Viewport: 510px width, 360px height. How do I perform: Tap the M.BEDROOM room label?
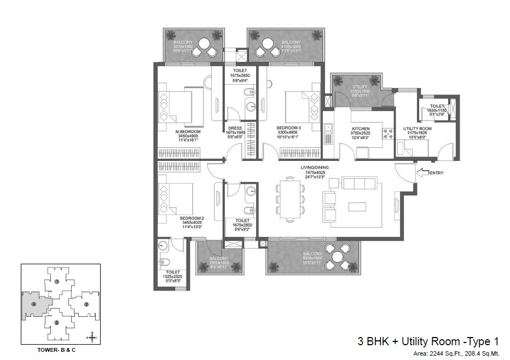(188, 132)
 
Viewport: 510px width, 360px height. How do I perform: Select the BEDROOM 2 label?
(191, 218)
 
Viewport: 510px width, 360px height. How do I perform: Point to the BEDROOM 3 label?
(289, 127)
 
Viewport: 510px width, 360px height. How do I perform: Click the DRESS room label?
(235, 130)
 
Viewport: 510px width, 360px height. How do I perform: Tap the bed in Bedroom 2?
(176, 199)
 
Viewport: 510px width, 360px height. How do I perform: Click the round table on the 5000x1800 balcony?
(338, 255)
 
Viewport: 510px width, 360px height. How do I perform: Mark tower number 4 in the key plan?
(34, 304)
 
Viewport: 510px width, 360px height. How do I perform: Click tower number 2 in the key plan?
(86, 304)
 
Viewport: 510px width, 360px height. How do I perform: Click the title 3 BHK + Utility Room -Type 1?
(428, 341)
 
